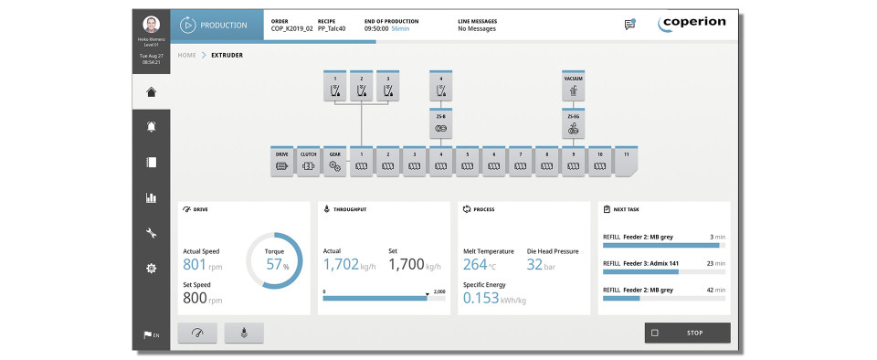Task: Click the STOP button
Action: tap(687, 333)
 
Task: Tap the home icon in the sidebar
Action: tap(152, 91)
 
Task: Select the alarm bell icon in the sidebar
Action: tap(152, 127)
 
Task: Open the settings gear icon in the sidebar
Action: tap(152, 268)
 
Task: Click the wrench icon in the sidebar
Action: tap(152, 233)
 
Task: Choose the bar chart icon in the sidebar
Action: tap(152, 197)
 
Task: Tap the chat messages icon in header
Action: tap(629, 25)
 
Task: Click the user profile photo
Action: tap(152, 24)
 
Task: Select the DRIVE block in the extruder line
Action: tap(282, 160)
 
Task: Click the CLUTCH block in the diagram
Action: tap(309, 160)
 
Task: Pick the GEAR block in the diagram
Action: tap(335, 160)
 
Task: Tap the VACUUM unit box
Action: tap(573, 87)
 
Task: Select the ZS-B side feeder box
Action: tap(441, 123)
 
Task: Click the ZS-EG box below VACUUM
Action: tap(573, 123)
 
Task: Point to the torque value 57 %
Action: tap(274, 265)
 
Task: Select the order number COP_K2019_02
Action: tap(291, 28)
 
